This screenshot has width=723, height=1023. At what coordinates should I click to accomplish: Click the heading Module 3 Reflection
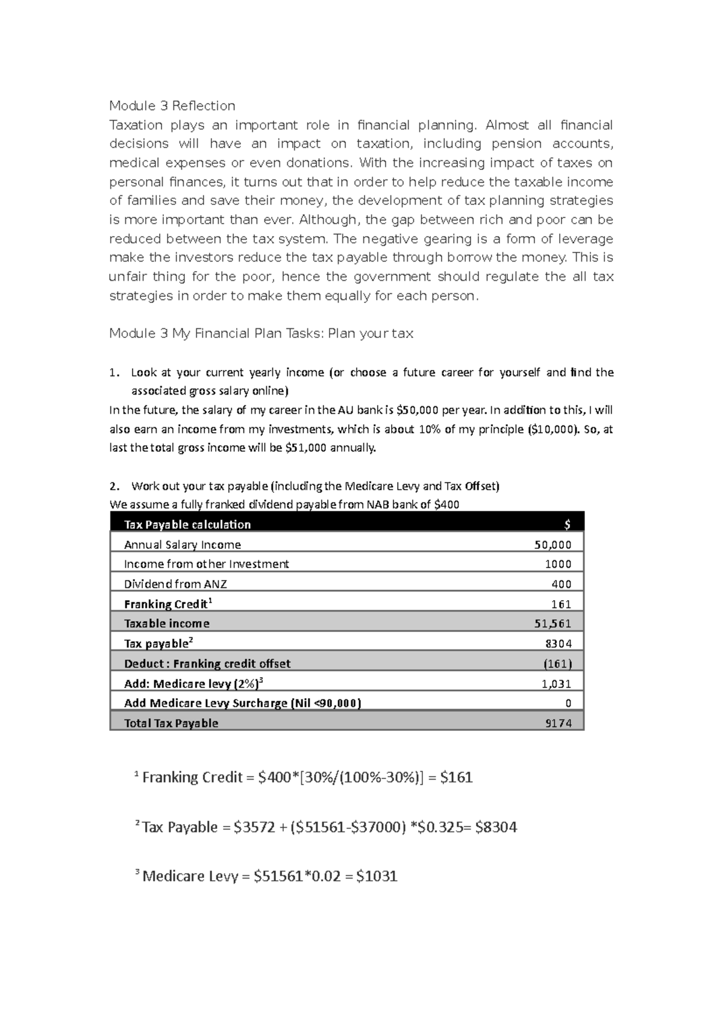pos(172,106)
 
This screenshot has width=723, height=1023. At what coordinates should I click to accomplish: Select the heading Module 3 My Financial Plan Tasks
pos(261,334)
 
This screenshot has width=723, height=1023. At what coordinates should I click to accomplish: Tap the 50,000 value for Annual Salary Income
pos(552,545)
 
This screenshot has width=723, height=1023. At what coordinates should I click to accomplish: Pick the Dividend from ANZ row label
pos(175,584)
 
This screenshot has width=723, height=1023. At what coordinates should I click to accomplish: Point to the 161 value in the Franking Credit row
pos(561,604)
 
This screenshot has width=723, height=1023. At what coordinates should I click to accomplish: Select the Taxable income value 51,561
pos(552,624)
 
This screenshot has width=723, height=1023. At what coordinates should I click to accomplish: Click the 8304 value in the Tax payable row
pos(558,643)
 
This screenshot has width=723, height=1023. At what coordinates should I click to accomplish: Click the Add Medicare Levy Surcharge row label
pos(242,703)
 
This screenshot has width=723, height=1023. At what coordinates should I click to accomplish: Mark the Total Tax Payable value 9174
pos(558,723)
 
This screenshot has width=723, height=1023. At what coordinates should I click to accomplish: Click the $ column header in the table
pos(567,525)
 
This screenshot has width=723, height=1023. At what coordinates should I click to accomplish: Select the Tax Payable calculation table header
pos(187,525)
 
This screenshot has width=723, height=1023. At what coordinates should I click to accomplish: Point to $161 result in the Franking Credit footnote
pos(456,777)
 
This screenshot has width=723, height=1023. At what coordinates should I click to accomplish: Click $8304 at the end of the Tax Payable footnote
pos(496,827)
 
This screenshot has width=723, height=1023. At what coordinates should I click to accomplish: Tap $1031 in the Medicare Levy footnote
pos(377,876)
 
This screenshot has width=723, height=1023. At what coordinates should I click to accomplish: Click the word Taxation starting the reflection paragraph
pos(136,125)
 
